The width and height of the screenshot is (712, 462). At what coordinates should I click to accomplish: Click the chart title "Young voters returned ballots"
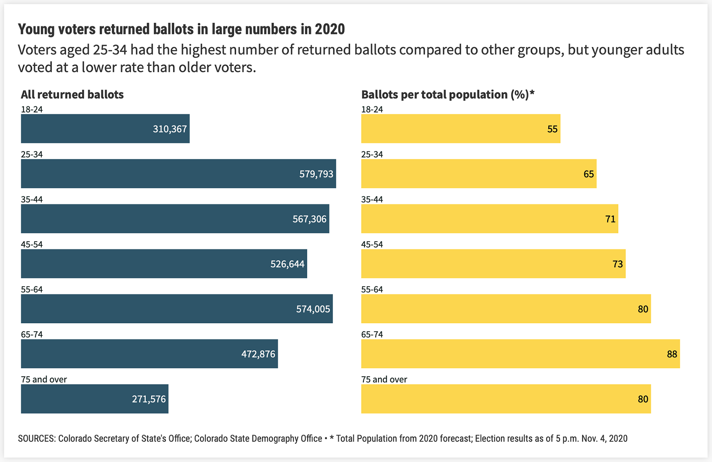[181, 29]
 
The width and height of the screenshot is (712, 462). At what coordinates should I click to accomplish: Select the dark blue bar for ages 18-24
[105, 129]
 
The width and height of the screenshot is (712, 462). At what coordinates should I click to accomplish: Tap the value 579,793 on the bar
[316, 174]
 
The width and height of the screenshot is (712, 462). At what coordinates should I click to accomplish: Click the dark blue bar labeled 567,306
[175, 219]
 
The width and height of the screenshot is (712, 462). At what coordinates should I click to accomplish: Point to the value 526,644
[287, 264]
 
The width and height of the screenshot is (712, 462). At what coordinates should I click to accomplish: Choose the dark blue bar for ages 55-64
[177, 309]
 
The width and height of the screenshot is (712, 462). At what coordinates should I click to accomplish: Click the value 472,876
[258, 354]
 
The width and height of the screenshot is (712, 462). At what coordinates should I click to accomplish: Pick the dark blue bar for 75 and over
[95, 399]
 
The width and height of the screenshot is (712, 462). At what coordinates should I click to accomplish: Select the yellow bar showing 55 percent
[461, 129]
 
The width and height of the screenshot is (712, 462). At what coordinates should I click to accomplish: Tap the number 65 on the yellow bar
[589, 174]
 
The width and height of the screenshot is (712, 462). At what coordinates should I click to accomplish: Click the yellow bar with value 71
[489, 219]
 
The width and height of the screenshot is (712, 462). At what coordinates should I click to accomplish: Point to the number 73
[617, 264]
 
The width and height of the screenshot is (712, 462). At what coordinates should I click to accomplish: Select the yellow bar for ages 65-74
[520, 354]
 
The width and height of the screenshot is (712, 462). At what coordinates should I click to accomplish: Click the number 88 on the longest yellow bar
[672, 354]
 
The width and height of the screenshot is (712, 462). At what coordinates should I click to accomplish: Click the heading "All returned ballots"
[72, 95]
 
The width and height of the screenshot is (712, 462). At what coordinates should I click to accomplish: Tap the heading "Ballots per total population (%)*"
[448, 95]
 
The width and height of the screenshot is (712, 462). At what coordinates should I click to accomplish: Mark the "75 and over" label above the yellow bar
[384, 379]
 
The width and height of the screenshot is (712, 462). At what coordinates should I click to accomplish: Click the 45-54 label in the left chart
[32, 244]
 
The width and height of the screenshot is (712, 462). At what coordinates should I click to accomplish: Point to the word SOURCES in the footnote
[37, 439]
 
